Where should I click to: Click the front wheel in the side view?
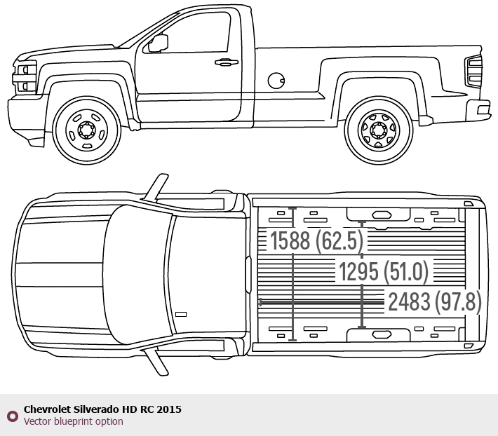pyautogui.click(x=85, y=130)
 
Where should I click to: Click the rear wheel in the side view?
pyautogui.click(x=378, y=130)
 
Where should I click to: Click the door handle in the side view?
pyautogui.click(x=226, y=62)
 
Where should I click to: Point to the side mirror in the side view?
pyautogui.click(x=159, y=43)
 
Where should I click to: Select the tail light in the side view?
pyautogui.click(x=474, y=71)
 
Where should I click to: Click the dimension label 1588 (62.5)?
pyautogui.click(x=317, y=240)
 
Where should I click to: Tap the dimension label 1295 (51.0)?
pyautogui.click(x=383, y=271)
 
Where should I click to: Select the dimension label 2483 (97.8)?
pyautogui.click(x=435, y=302)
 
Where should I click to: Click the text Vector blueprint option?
pyautogui.click(x=73, y=421)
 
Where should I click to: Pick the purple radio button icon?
pyautogui.click(x=12, y=416)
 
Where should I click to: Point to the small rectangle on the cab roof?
pyautogui.click(x=181, y=314)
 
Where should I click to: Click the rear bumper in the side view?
pyautogui.click(x=483, y=108)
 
